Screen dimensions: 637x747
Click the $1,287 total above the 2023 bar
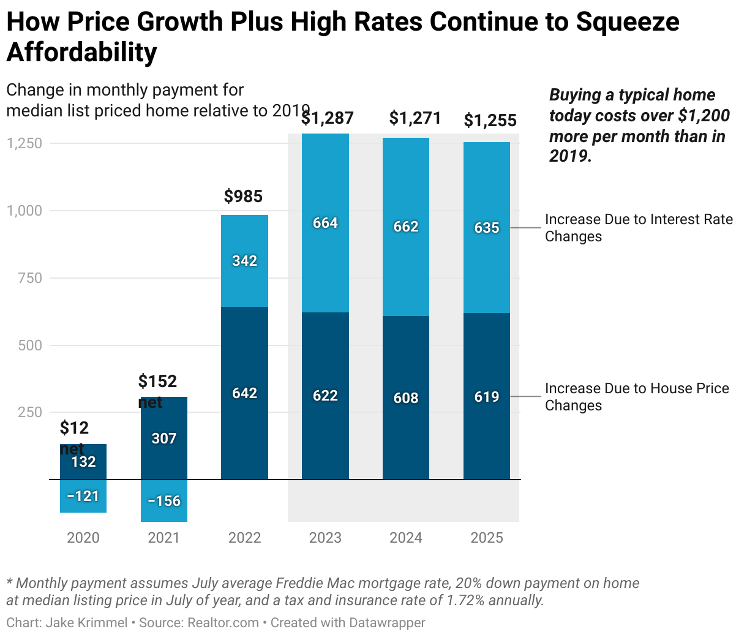pos(328,118)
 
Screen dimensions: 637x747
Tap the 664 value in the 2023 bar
pos(325,223)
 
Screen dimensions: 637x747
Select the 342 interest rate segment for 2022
pos(244,261)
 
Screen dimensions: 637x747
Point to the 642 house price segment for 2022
pos(244,393)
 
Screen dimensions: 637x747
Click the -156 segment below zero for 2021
pos(164,501)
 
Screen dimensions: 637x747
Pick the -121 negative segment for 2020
pos(83,496)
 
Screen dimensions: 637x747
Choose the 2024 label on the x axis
pos(406,538)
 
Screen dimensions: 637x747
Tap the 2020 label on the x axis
pos(83,538)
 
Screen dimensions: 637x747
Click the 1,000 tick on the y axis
pos(24,211)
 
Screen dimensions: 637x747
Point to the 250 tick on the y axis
pos(28,412)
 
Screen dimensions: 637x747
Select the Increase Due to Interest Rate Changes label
pos(638,228)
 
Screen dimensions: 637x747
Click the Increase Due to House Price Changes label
pos(637,397)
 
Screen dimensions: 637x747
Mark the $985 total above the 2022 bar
pos(243,197)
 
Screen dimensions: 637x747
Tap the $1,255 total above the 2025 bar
pos(490,121)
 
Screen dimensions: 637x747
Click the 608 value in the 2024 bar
pos(406,398)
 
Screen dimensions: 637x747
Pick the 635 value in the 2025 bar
pos(487,228)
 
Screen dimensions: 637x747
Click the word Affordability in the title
pos(81,53)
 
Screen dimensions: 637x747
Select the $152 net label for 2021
pos(157,391)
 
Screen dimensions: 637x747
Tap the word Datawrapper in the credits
pos(387,623)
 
